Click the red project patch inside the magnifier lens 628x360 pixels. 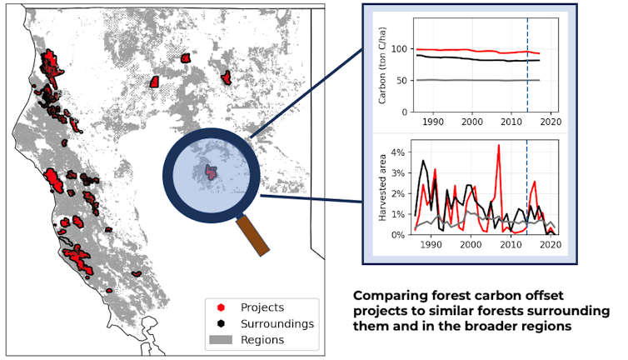tap(211, 172)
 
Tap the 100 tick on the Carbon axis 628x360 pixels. tap(395, 49)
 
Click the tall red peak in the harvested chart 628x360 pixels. tap(498, 147)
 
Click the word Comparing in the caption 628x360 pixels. tap(391, 296)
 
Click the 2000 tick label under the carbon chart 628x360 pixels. tap(471, 122)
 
